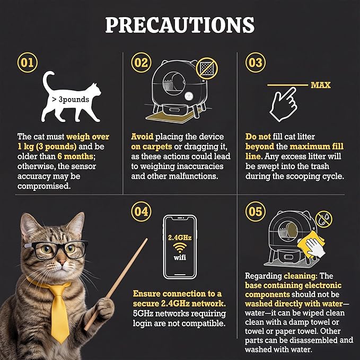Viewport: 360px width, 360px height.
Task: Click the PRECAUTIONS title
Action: point(180,25)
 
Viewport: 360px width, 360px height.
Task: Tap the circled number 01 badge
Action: point(28,63)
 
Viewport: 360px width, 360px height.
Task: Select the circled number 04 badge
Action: point(141,212)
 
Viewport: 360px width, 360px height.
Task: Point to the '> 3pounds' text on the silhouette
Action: point(71,100)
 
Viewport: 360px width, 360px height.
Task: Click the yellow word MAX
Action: point(321,85)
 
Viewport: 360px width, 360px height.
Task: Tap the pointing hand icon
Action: point(284,104)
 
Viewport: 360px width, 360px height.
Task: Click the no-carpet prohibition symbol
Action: point(207,68)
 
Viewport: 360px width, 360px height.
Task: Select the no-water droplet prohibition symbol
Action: point(324,219)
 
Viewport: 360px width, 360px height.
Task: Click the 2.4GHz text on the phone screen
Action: point(180,238)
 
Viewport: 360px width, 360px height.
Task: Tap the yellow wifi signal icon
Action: point(180,248)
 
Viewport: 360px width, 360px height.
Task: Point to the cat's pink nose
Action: point(62,261)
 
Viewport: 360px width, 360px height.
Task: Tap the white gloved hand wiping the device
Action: point(315,248)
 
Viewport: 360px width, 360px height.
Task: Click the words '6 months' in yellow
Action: point(75,156)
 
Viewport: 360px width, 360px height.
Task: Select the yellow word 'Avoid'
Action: point(142,137)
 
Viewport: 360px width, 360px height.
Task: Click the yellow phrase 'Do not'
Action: point(258,137)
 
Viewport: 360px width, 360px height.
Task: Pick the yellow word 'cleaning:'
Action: point(301,276)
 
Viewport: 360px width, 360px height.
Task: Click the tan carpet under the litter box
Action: point(172,117)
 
